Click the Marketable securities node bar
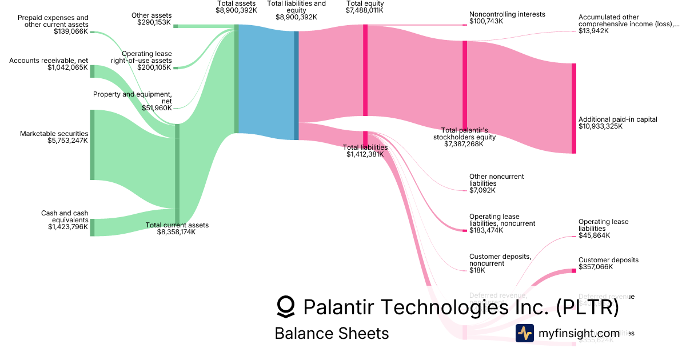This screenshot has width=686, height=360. click(92, 145)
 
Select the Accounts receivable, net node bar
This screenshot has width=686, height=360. click(92, 71)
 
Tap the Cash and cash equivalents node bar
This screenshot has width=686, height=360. click(92, 227)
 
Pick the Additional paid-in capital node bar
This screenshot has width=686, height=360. click(574, 108)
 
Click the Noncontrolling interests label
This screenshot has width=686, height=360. click(507, 14)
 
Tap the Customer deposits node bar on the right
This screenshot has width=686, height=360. click(574, 270)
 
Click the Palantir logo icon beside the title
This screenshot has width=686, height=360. click(286, 307)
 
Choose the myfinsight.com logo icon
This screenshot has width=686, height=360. click(524, 333)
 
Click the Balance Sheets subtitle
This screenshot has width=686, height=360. click(332, 333)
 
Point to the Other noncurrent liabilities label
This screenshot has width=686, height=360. click(496, 180)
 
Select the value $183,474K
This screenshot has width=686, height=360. click(486, 230)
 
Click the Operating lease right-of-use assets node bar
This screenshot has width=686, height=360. click(176, 68)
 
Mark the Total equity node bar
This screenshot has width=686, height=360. click(365, 73)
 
